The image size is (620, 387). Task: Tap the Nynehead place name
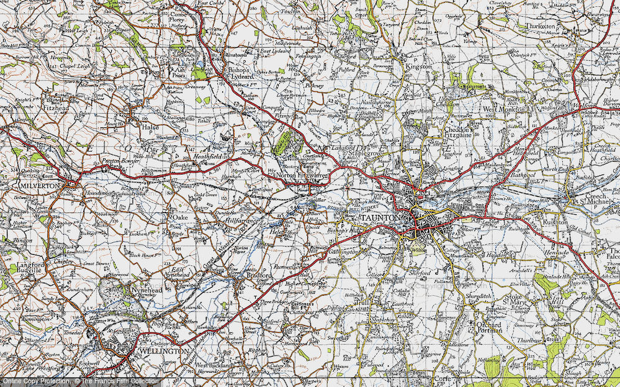147,290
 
